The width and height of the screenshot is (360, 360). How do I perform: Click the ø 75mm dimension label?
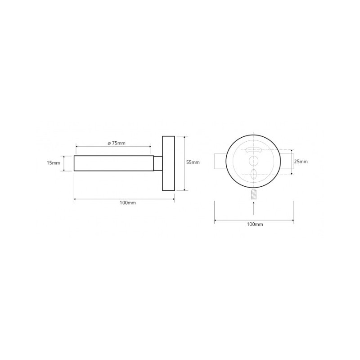click(117, 143)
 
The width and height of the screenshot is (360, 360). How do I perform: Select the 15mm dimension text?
click(53, 163)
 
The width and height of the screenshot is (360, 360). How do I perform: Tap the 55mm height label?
click(193, 162)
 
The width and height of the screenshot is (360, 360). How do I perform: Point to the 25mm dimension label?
click(301, 162)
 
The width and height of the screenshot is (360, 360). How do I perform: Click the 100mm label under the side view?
click(128, 203)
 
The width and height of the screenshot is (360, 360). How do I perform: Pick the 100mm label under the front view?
click(255, 224)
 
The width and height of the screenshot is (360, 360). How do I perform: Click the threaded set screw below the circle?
click(253, 194)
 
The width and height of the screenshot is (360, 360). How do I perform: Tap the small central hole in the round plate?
click(253, 161)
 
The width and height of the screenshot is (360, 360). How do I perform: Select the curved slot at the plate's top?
click(253, 150)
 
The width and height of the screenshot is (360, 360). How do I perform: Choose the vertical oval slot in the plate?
click(253, 174)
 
